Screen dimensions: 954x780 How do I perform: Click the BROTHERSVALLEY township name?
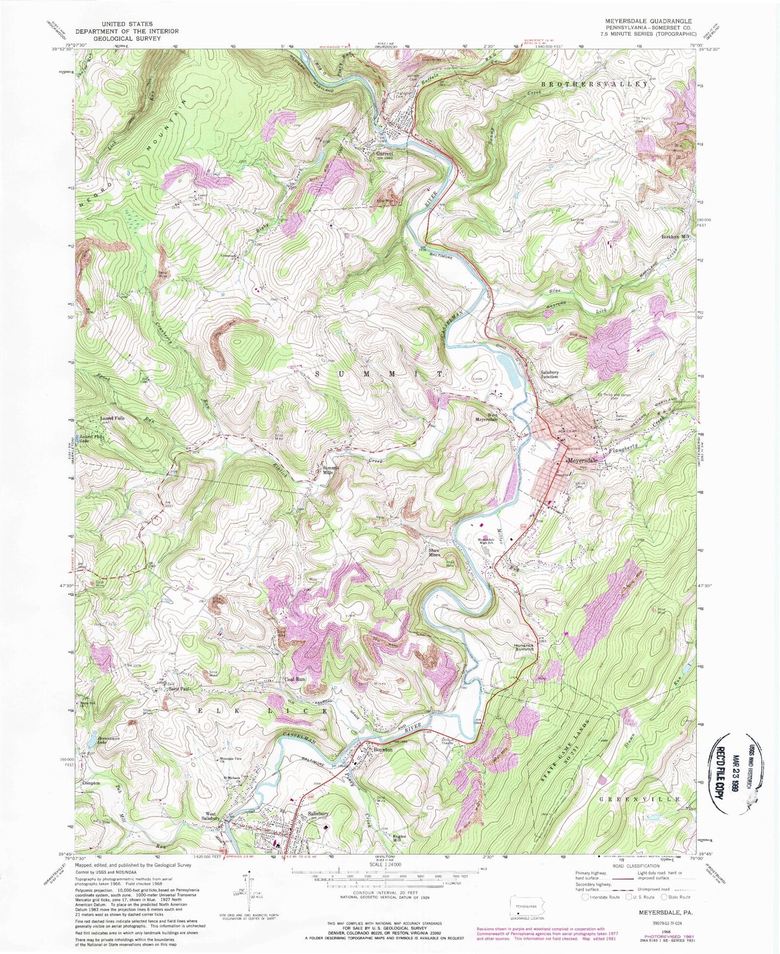(x=594, y=85)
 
